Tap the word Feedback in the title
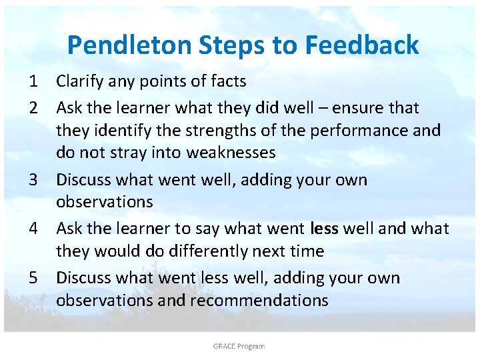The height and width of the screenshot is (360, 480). [x=362, y=45]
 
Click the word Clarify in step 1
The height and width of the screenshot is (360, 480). [x=79, y=82]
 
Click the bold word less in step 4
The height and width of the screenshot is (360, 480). [x=325, y=229]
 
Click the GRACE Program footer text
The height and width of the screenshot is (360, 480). [x=239, y=346]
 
